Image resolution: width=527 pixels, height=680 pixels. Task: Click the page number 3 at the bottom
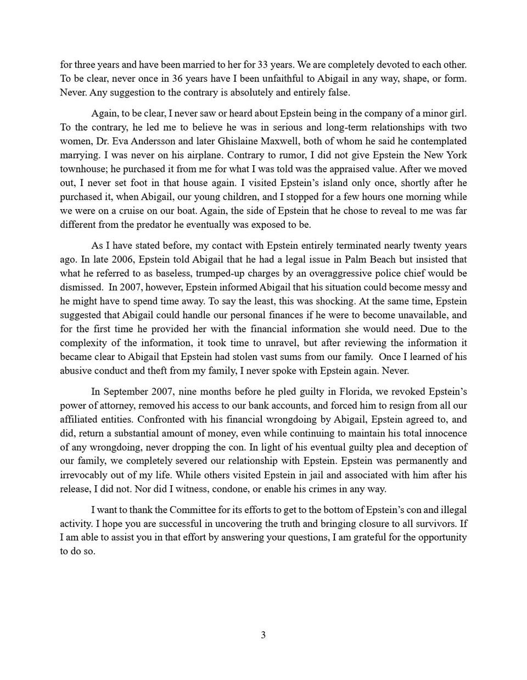[x=263, y=635]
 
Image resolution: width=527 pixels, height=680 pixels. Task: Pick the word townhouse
[x=82, y=169]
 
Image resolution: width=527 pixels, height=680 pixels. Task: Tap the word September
[x=128, y=392]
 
